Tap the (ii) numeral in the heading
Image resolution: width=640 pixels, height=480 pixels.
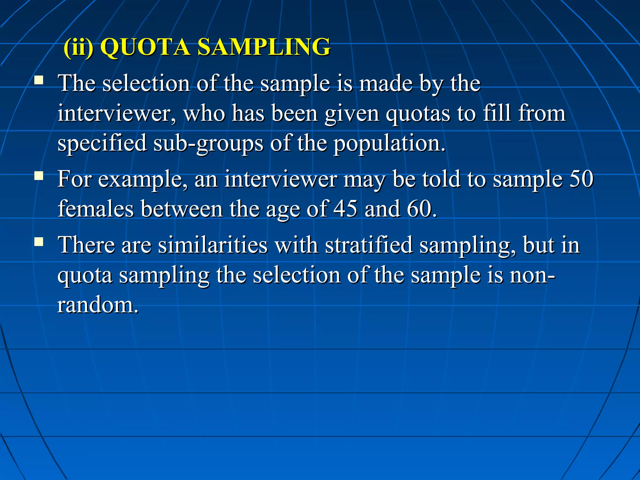point(78,47)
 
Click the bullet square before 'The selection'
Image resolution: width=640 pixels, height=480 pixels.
point(39,80)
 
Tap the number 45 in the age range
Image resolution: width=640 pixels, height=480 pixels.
point(345,209)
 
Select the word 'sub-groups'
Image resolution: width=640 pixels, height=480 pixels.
point(208,144)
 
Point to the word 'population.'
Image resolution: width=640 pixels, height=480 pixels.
point(389,144)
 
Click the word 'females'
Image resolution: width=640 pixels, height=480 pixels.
point(96,209)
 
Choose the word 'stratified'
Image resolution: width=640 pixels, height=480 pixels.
point(368,245)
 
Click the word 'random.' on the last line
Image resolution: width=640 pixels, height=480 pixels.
point(97,305)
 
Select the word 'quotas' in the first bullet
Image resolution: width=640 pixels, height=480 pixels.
point(417,114)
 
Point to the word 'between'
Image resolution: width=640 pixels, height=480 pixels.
point(182,209)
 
